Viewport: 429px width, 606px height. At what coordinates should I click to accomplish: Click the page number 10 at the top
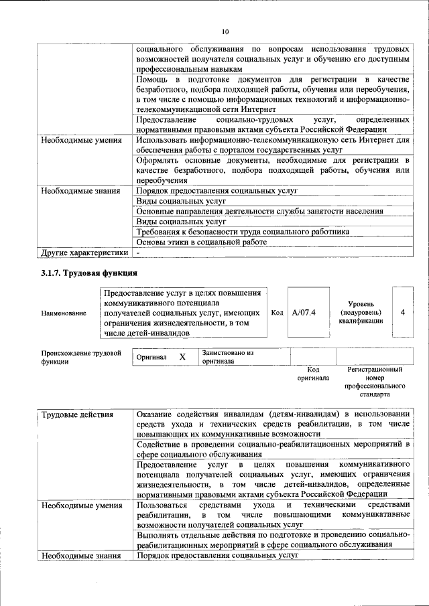point(225,31)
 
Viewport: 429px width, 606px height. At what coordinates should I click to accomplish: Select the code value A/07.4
point(304,312)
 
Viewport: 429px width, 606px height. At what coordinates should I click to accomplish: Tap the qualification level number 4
point(402,312)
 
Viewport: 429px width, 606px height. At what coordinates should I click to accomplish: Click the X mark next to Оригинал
point(182,358)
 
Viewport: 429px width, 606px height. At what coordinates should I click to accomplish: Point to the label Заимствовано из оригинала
point(228,357)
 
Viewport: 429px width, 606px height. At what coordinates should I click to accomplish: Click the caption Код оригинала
point(313,374)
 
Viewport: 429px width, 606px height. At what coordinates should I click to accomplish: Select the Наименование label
point(63,313)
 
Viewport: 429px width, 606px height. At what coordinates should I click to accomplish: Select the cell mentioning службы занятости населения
point(259,211)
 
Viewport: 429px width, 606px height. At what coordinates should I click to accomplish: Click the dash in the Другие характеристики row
point(138,253)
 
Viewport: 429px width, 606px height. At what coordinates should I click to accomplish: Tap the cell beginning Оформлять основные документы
point(272,170)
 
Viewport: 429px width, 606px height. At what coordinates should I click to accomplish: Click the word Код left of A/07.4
point(277,313)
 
